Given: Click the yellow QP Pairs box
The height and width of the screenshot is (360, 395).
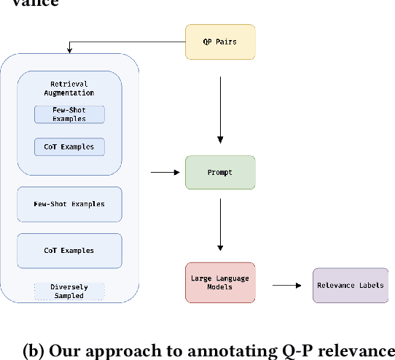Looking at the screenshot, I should point(220,42).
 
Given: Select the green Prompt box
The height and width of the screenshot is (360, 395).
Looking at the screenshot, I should point(220,172).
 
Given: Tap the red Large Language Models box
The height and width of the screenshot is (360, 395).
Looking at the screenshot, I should point(220,282).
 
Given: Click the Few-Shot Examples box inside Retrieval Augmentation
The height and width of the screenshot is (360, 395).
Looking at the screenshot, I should point(69,114).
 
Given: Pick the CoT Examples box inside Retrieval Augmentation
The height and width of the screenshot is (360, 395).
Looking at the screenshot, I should point(69,146).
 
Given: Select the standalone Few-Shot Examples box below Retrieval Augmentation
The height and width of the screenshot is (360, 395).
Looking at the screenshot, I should point(69,204).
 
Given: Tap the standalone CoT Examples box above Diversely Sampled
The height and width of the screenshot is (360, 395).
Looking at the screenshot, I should point(69,250).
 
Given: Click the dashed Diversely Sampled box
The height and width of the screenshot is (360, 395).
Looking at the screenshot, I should point(69,291).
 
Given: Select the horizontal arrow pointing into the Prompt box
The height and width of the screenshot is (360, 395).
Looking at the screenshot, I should point(164,172).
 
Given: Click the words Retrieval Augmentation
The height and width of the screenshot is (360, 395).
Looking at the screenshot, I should point(69,89).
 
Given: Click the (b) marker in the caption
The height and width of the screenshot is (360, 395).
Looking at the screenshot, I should point(33,351).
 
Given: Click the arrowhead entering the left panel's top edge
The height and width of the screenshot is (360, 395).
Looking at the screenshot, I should point(69,50).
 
